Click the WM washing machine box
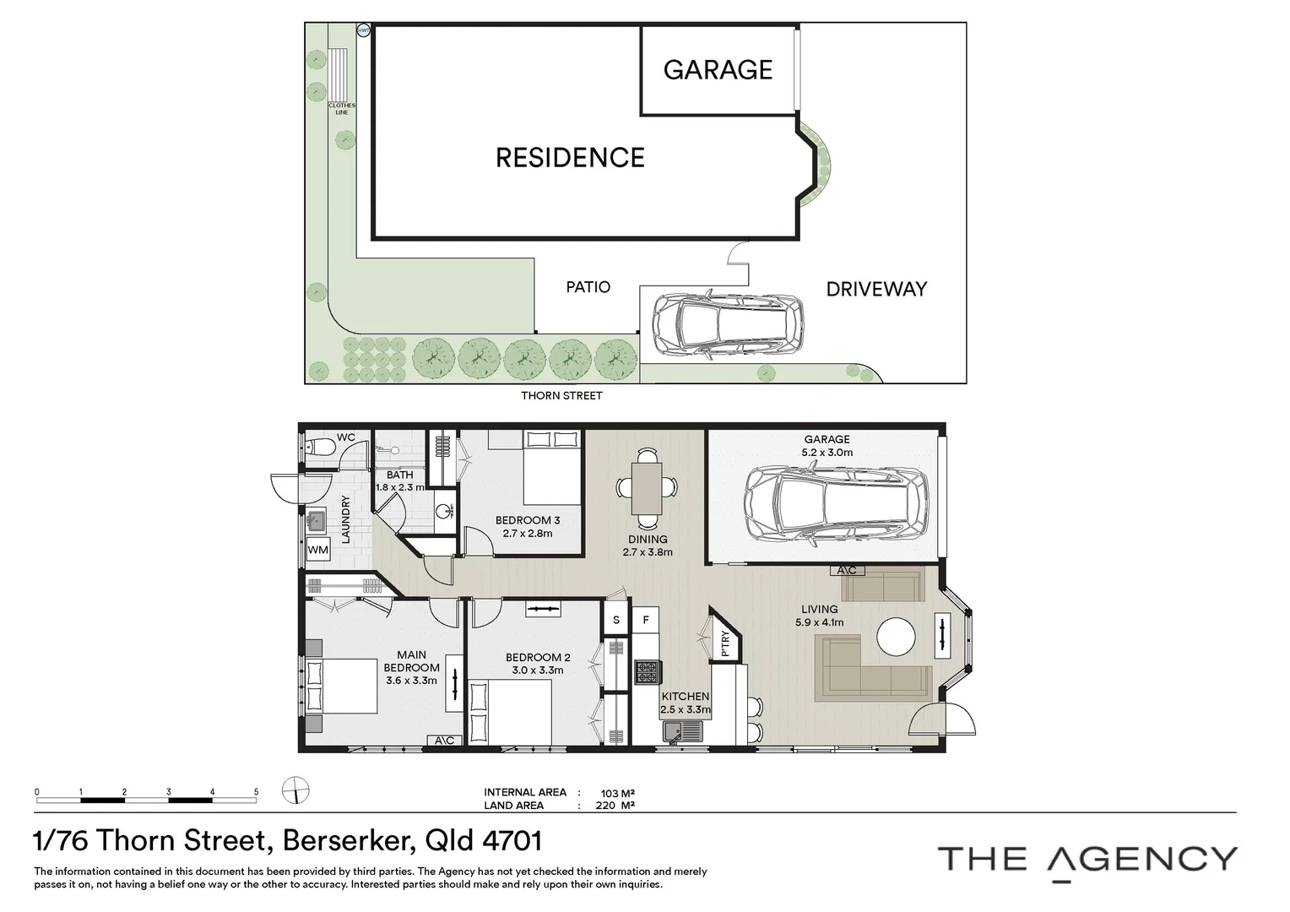pos(318,550)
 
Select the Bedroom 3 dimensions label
pos(527,533)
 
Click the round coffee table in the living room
pos(896,638)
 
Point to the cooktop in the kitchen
pos(648,672)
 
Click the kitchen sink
pos(675,730)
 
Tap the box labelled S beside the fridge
pos(616,620)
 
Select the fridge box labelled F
pos(646,620)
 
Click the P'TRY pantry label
pos(725,643)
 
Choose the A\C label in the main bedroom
pos(445,741)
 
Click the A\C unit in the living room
pos(847,570)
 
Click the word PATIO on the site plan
pos(588,287)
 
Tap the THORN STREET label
pos(561,395)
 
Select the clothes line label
pos(342,109)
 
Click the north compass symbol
pos(295,791)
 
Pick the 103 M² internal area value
pos(617,793)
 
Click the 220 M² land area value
pos(617,806)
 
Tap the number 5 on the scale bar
pos(256,792)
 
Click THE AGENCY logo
pos(1087,860)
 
